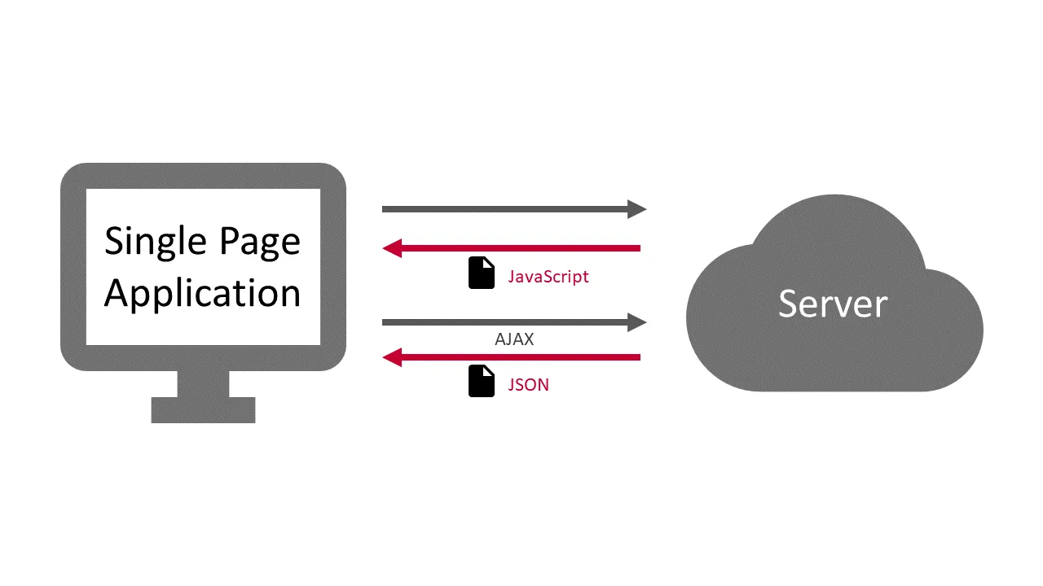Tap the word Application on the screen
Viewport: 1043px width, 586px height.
tap(202, 293)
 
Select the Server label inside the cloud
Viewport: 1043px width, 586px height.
tap(832, 304)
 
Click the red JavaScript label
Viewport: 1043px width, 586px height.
tap(548, 277)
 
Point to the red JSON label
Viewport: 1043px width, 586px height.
tap(528, 385)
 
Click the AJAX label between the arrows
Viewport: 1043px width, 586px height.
tap(514, 339)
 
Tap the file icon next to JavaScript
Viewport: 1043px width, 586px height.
tap(482, 273)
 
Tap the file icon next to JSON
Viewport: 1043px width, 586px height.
tap(482, 381)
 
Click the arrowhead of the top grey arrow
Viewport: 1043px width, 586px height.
tap(636, 209)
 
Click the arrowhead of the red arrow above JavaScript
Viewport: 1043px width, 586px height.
tap(392, 247)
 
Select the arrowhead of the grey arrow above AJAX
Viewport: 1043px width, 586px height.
tap(636, 323)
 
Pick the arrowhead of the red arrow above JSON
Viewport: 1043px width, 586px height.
tap(392, 356)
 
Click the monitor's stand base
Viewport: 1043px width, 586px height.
tap(203, 409)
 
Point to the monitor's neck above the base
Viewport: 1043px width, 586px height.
tap(203, 383)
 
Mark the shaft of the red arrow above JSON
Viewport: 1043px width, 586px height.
tap(521, 356)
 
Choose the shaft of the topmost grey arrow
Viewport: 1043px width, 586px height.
tap(505, 209)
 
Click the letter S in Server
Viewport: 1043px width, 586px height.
tap(787, 303)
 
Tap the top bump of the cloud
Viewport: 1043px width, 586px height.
tap(835, 224)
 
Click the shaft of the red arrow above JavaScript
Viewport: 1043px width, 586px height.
tap(521, 247)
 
